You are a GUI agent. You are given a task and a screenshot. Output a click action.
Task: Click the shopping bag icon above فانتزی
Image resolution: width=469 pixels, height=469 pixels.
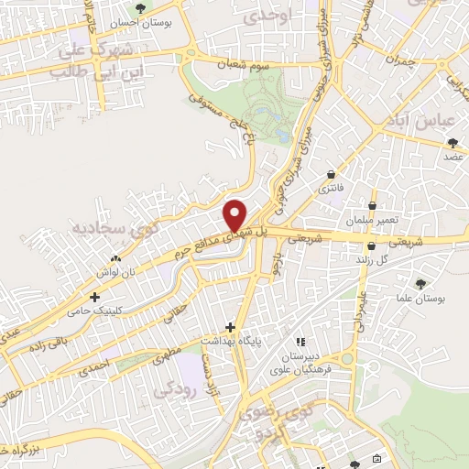click(x=331, y=174)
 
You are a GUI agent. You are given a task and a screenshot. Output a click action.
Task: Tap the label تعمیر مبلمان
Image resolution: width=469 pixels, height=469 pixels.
click(x=372, y=222)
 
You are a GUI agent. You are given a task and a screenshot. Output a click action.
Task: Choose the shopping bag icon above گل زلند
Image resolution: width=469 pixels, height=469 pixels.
click(x=371, y=245)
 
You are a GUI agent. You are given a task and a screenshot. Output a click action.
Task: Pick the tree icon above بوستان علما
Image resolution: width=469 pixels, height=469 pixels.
click(x=421, y=283)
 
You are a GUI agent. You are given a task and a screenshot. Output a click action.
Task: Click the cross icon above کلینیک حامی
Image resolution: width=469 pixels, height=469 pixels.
click(x=95, y=297)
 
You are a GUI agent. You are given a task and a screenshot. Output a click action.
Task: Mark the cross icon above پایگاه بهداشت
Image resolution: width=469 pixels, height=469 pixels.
click(x=230, y=327)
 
